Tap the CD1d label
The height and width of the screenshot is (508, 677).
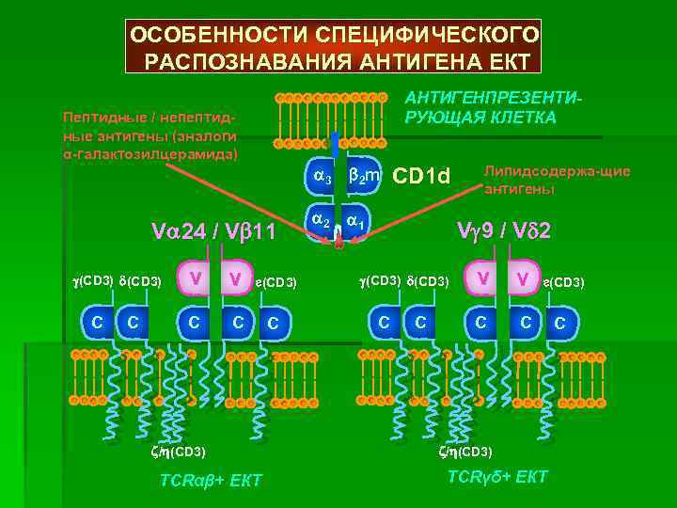422,176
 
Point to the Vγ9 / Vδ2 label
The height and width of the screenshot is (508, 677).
503,230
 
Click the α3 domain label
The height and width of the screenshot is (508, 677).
322,177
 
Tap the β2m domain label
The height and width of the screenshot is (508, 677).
363,176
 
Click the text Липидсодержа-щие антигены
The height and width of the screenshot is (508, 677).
557,180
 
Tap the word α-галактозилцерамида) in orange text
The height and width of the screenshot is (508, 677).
150,152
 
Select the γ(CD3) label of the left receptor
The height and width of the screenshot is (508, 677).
93,280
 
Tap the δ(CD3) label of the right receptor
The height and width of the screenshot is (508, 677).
428,280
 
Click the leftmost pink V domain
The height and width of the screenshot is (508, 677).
194,278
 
